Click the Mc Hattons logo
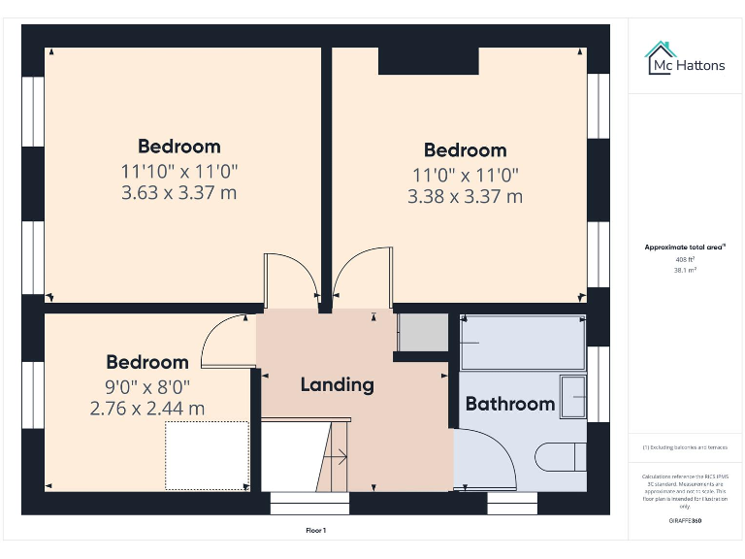click(686, 60)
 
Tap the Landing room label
click(337, 384)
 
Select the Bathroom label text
click(510, 404)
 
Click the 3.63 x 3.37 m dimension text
click(178, 192)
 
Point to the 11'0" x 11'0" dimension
click(465, 175)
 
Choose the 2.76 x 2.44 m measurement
click(147, 409)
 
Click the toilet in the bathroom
click(563, 456)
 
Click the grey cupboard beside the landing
click(422, 333)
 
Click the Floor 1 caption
click(316, 531)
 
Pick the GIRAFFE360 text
click(686, 521)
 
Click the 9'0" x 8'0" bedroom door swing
click(225, 342)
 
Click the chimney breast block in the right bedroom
click(428, 61)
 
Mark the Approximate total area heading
click(685, 247)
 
